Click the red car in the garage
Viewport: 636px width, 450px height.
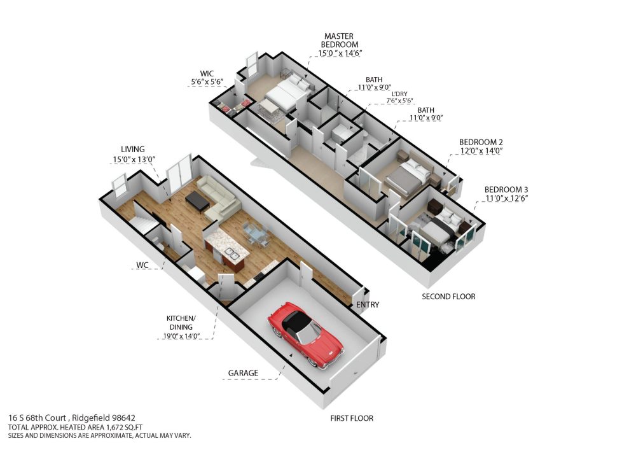click(x=305, y=335)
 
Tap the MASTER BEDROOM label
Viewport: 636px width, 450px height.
click(x=339, y=40)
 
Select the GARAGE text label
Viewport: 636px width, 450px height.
click(x=243, y=373)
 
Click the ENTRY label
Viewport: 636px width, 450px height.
click(x=368, y=304)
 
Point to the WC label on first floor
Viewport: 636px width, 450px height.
click(x=142, y=265)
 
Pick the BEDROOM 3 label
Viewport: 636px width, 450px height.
click(x=506, y=190)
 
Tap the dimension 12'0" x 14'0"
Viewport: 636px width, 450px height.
click(x=481, y=151)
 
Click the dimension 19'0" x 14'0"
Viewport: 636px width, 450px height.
click(x=182, y=336)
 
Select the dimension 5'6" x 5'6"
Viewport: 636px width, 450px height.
click(x=207, y=81)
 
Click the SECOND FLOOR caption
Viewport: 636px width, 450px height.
click(x=448, y=297)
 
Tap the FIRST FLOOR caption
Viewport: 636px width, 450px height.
click(x=352, y=418)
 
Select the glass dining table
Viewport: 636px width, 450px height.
click(x=255, y=234)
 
